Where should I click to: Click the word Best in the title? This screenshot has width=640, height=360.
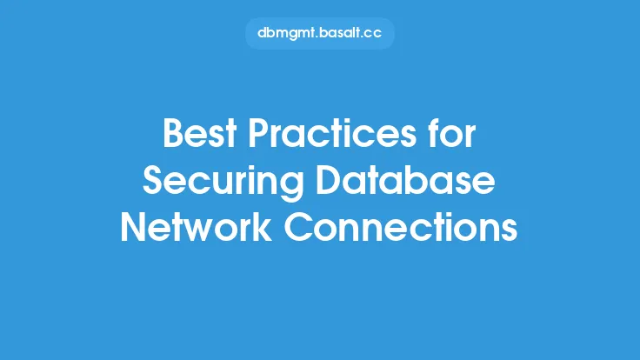(x=200, y=133)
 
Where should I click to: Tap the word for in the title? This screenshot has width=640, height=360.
(x=452, y=133)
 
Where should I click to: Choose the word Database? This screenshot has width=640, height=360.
(x=406, y=180)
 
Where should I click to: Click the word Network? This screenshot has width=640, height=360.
(x=196, y=227)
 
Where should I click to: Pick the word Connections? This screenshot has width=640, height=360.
(x=401, y=227)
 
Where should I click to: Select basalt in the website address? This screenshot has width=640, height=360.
(x=338, y=33)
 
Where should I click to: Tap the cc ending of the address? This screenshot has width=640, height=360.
(x=371, y=34)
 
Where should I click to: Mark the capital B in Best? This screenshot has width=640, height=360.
(x=172, y=133)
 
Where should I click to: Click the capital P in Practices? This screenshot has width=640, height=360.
(x=258, y=133)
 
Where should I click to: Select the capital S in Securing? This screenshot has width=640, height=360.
(x=153, y=180)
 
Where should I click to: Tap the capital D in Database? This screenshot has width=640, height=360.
(x=329, y=180)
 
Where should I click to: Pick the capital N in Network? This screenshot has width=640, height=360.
(x=133, y=227)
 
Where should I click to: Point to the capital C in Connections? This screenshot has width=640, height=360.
(x=298, y=227)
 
